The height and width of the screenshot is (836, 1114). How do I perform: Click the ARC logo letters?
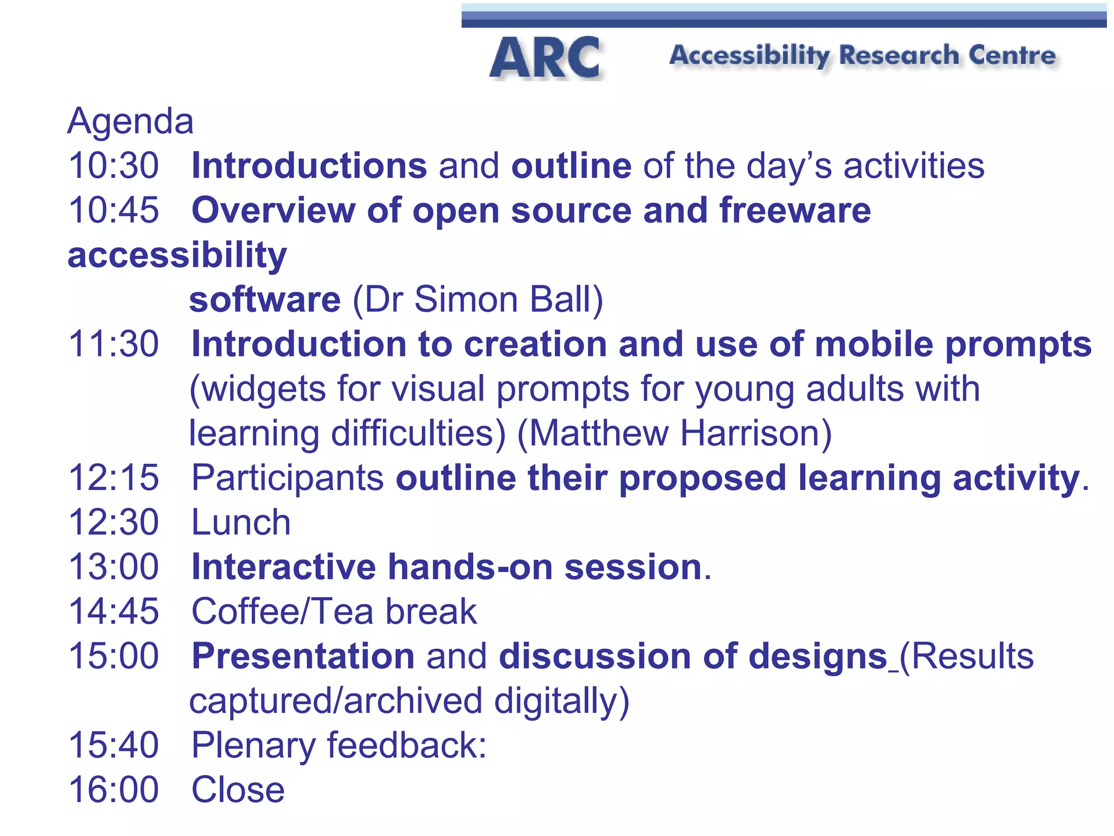[546, 58]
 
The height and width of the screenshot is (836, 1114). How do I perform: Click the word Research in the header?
[899, 56]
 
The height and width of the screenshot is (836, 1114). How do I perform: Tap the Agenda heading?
[130, 121]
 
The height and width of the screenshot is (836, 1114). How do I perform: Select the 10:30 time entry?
[113, 165]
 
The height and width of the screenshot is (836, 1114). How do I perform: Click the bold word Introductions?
[309, 165]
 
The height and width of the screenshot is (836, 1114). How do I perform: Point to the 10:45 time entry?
[113, 210]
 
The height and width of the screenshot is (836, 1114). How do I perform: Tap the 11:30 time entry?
[113, 344]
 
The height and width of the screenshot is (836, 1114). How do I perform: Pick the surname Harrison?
[756, 433]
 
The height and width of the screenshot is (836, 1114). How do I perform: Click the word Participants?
[288, 478]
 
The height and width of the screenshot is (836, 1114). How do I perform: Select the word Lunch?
[241, 522]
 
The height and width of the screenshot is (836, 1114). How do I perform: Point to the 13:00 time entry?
[113, 567]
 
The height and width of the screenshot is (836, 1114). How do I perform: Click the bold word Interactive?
[283, 567]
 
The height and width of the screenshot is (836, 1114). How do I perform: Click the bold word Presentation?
[303, 656]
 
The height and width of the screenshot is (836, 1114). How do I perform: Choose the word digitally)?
[561, 701]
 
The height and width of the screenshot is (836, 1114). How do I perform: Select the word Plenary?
[253, 746]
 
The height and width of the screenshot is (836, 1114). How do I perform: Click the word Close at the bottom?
[238, 790]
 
